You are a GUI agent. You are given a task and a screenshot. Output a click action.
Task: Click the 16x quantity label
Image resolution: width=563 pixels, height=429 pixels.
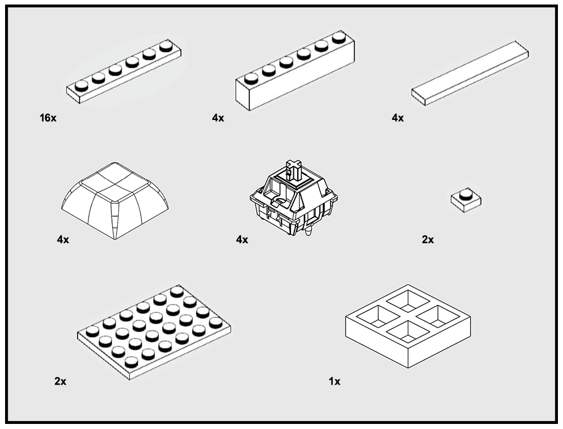[x=48, y=118]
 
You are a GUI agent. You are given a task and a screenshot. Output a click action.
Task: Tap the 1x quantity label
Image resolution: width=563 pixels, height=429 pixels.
[x=334, y=381]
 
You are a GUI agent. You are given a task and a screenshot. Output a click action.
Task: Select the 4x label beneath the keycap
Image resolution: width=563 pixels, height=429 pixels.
[x=63, y=239]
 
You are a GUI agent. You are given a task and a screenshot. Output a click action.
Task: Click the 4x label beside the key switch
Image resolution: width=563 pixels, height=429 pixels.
[x=242, y=239]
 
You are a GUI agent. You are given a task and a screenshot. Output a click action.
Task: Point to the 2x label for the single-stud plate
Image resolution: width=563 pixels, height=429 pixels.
[x=428, y=239]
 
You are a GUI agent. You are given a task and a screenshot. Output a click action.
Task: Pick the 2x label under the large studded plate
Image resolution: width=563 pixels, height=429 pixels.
[x=60, y=381]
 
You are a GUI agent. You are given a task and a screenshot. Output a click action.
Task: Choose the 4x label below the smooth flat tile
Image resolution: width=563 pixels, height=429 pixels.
[x=397, y=118]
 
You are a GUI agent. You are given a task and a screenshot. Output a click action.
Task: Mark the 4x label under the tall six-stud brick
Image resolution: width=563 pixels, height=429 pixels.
[x=218, y=118]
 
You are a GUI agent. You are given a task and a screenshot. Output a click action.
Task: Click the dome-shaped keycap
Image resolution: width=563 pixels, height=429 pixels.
[x=115, y=200]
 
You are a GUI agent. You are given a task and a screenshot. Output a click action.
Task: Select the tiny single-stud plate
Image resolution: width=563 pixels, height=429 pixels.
[x=466, y=200]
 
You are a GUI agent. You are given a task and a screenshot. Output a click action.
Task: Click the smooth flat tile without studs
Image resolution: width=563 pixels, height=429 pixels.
[x=470, y=73]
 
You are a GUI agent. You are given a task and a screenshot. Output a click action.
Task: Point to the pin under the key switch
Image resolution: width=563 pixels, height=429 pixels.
[x=308, y=231]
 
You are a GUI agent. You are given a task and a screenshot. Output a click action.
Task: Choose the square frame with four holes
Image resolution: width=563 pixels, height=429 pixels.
[x=408, y=326]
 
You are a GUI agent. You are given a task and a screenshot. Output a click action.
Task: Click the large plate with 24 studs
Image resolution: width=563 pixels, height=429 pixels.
[x=154, y=332]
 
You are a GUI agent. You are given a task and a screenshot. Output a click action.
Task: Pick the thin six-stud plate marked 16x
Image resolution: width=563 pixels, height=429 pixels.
[x=123, y=72]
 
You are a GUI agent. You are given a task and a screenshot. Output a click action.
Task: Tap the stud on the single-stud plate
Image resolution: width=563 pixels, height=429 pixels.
[x=466, y=194]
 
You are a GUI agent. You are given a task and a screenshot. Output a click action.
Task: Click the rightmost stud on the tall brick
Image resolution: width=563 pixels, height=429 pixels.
[x=339, y=37]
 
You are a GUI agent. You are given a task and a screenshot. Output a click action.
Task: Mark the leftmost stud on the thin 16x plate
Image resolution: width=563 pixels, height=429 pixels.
[x=82, y=86]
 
